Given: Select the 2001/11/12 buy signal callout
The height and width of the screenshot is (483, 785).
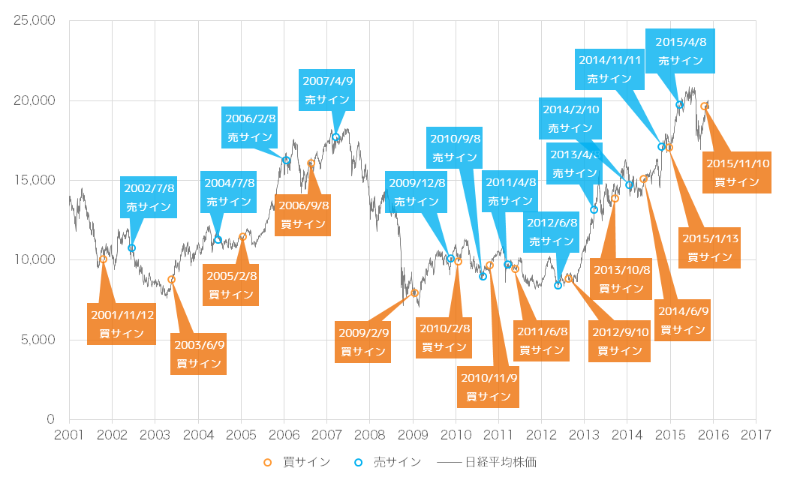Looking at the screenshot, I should click(122, 324).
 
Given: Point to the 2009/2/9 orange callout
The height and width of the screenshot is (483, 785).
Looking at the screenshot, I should click(363, 342).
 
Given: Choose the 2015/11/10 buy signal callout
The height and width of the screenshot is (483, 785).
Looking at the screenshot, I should click(737, 172).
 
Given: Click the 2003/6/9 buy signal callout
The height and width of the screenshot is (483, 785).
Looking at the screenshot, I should click(199, 354).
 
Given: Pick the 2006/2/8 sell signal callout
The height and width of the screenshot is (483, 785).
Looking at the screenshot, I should click(251, 127).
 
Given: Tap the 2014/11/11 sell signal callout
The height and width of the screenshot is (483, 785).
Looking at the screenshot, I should click(609, 67).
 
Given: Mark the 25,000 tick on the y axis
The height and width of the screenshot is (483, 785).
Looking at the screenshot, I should click(35, 21).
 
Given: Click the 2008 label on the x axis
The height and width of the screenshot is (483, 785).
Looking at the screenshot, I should click(370, 435).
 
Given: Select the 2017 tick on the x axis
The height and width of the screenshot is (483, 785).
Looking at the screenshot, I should click(756, 435).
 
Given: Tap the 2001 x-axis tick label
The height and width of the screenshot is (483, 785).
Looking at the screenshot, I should click(69, 435).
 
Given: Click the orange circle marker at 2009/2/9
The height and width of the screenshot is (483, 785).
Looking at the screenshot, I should click(414, 293).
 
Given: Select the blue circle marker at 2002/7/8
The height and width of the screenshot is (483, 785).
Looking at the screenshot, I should click(132, 248).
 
